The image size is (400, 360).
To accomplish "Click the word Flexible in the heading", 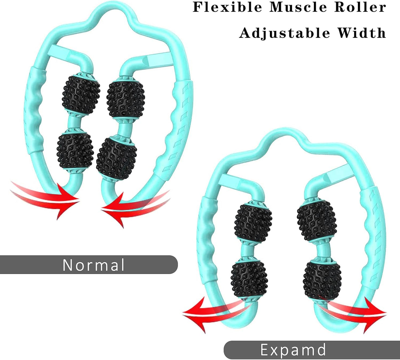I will pyautogui.click(x=227, y=7).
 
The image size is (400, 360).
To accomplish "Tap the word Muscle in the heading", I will pyautogui.click(x=298, y=7).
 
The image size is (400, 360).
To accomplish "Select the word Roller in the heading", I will pyautogui.click(x=360, y=7).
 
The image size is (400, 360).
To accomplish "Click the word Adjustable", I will pyautogui.click(x=285, y=33).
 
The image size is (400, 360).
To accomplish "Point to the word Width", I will pyautogui.click(x=361, y=33).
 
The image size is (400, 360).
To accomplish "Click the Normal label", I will pyautogui.click(x=94, y=265).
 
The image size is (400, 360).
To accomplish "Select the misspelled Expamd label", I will pyautogui.click(x=293, y=350).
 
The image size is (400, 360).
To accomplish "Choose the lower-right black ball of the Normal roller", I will pyautogui.click(x=117, y=158).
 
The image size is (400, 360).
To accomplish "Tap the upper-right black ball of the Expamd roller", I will pyautogui.click(x=317, y=220).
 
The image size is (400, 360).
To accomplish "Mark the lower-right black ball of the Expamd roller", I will pyautogui.click(x=322, y=280).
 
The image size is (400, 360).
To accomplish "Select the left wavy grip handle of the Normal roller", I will pyautogui.click(x=35, y=111).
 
